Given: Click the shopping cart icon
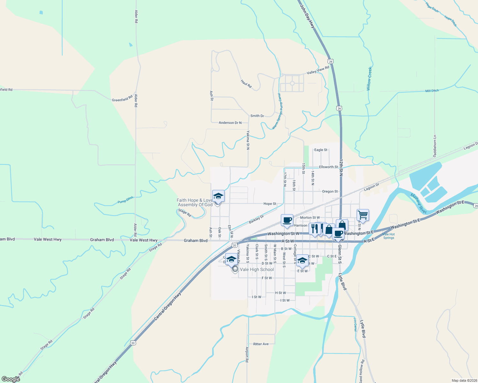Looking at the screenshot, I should [363, 215].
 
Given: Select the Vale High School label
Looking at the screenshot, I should [257, 269].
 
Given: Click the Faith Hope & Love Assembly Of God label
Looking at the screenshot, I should [195, 202].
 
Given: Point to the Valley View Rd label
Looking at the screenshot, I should [318, 70].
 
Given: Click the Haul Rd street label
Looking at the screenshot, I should [246, 84].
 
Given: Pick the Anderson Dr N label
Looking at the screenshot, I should [230, 123].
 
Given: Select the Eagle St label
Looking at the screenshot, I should [321, 150].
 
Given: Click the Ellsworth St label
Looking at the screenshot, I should [328, 167].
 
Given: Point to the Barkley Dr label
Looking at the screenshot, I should [256, 220].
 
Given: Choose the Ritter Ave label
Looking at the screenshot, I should [261, 344].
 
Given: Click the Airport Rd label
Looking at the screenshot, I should [247, 354].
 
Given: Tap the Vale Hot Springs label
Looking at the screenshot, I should [389, 236].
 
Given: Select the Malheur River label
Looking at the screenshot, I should [418, 203].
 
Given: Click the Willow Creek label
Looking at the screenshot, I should [369, 79].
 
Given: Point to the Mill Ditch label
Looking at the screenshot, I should [432, 91].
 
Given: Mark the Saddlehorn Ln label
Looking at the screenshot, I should [435, 146].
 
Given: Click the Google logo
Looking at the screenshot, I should [11, 379].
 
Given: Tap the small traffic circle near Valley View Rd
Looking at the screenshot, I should [292, 83].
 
